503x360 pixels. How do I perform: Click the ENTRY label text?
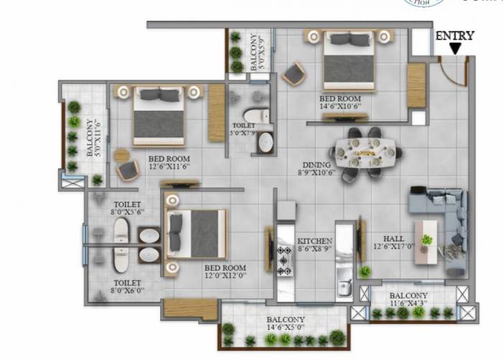pos(455,34)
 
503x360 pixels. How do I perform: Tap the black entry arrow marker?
pos(455,48)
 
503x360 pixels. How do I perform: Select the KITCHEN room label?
pos(315,241)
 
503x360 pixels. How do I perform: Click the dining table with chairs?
pos(366,152)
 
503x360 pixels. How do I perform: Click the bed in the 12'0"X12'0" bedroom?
pos(195,234)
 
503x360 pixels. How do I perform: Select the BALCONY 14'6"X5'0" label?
pos(285,324)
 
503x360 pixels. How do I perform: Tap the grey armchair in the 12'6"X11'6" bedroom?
pos(128,170)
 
